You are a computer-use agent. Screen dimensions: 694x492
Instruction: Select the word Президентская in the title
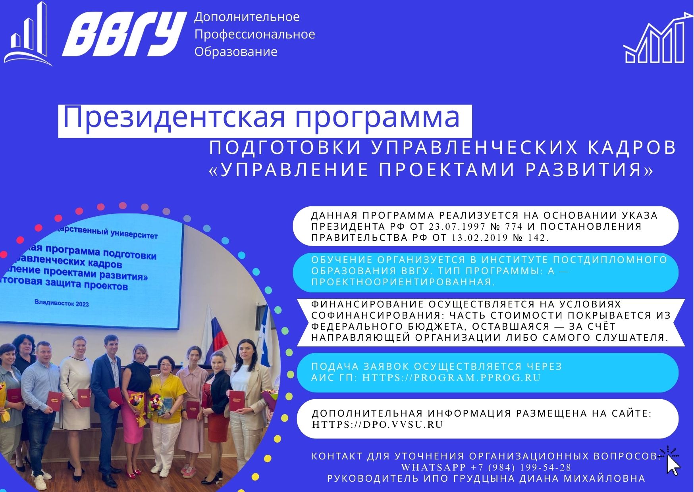[x=173, y=117]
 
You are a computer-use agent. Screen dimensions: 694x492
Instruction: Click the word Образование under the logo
[x=236, y=52]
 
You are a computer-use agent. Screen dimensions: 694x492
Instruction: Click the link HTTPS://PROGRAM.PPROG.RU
[x=451, y=377]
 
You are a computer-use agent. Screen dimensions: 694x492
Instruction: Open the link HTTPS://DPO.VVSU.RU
[x=378, y=424]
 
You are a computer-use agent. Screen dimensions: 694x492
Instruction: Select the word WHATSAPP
[x=434, y=467]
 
